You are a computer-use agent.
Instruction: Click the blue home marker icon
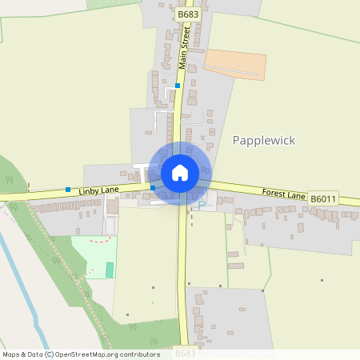click(180, 173)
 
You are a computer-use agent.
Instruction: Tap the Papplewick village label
click(263, 141)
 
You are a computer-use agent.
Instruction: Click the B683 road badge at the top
click(188, 14)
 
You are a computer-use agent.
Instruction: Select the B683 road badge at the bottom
click(185, 352)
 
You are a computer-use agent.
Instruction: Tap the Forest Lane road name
click(284, 194)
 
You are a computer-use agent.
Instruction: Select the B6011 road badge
click(323, 198)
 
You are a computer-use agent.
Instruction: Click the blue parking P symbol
click(202, 204)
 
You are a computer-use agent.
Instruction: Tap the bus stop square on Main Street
click(178, 85)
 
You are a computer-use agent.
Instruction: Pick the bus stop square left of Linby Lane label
click(68, 190)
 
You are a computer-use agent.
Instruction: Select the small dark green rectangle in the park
click(110, 270)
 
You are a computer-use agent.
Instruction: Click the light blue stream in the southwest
click(24, 288)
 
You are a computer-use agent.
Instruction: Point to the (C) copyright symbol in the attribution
click(49, 354)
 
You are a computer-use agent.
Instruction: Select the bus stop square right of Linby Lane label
click(153, 187)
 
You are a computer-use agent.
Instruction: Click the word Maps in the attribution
click(12, 354)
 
